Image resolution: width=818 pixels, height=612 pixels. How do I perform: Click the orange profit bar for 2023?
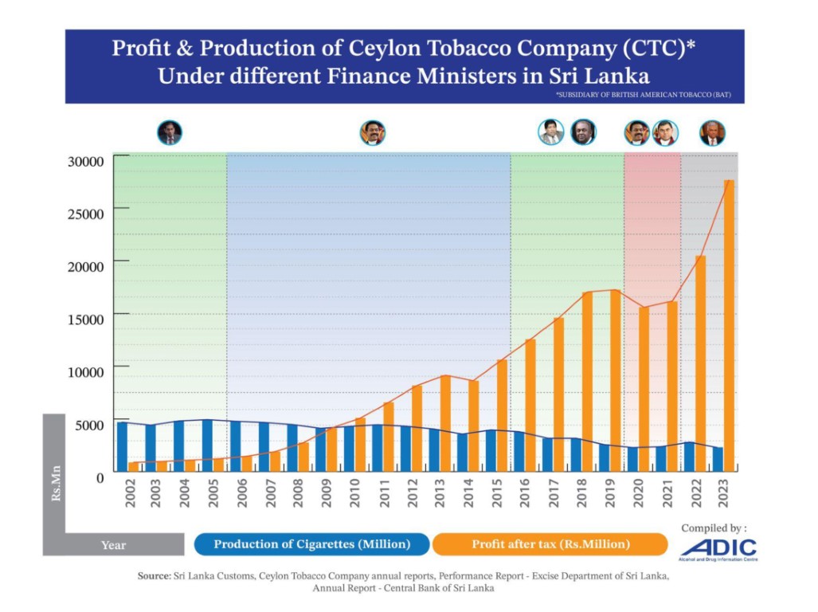point(729,327)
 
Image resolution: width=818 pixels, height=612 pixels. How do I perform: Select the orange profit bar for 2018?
point(587,382)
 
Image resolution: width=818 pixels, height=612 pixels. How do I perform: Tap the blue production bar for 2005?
point(207,445)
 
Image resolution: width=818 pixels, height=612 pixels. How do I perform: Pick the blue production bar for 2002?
point(122,446)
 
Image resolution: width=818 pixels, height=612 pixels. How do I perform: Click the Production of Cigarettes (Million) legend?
point(311,544)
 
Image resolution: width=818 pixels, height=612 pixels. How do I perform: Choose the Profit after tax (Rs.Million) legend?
point(550,544)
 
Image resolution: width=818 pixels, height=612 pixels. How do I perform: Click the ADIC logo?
point(718,549)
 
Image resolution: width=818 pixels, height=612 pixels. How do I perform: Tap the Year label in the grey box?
point(113,545)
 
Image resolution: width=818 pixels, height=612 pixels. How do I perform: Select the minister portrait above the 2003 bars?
point(170,132)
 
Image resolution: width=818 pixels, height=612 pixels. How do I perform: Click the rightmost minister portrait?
point(712,132)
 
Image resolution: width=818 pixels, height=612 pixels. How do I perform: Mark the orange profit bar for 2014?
point(474,426)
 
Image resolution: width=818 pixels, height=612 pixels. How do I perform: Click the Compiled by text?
point(714,528)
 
